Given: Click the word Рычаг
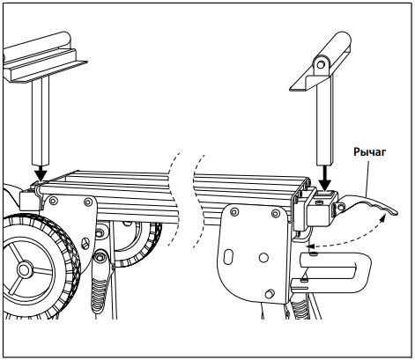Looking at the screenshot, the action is click(369, 152).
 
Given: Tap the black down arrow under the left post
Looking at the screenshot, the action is click(41, 173).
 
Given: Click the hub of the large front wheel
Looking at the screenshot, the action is click(23, 268).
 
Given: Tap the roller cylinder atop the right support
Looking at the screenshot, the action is click(337, 44).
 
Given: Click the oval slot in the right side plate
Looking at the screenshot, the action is click(229, 256).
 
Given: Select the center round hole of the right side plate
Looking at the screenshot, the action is click(263, 257).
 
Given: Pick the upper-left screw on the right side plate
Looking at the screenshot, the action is click(234, 212).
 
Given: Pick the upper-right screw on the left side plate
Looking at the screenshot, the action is click(87, 202).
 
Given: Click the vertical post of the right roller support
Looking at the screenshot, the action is click(325, 121).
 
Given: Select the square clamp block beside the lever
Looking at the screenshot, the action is click(320, 209).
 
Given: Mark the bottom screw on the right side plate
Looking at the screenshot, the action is click(270, 293).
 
